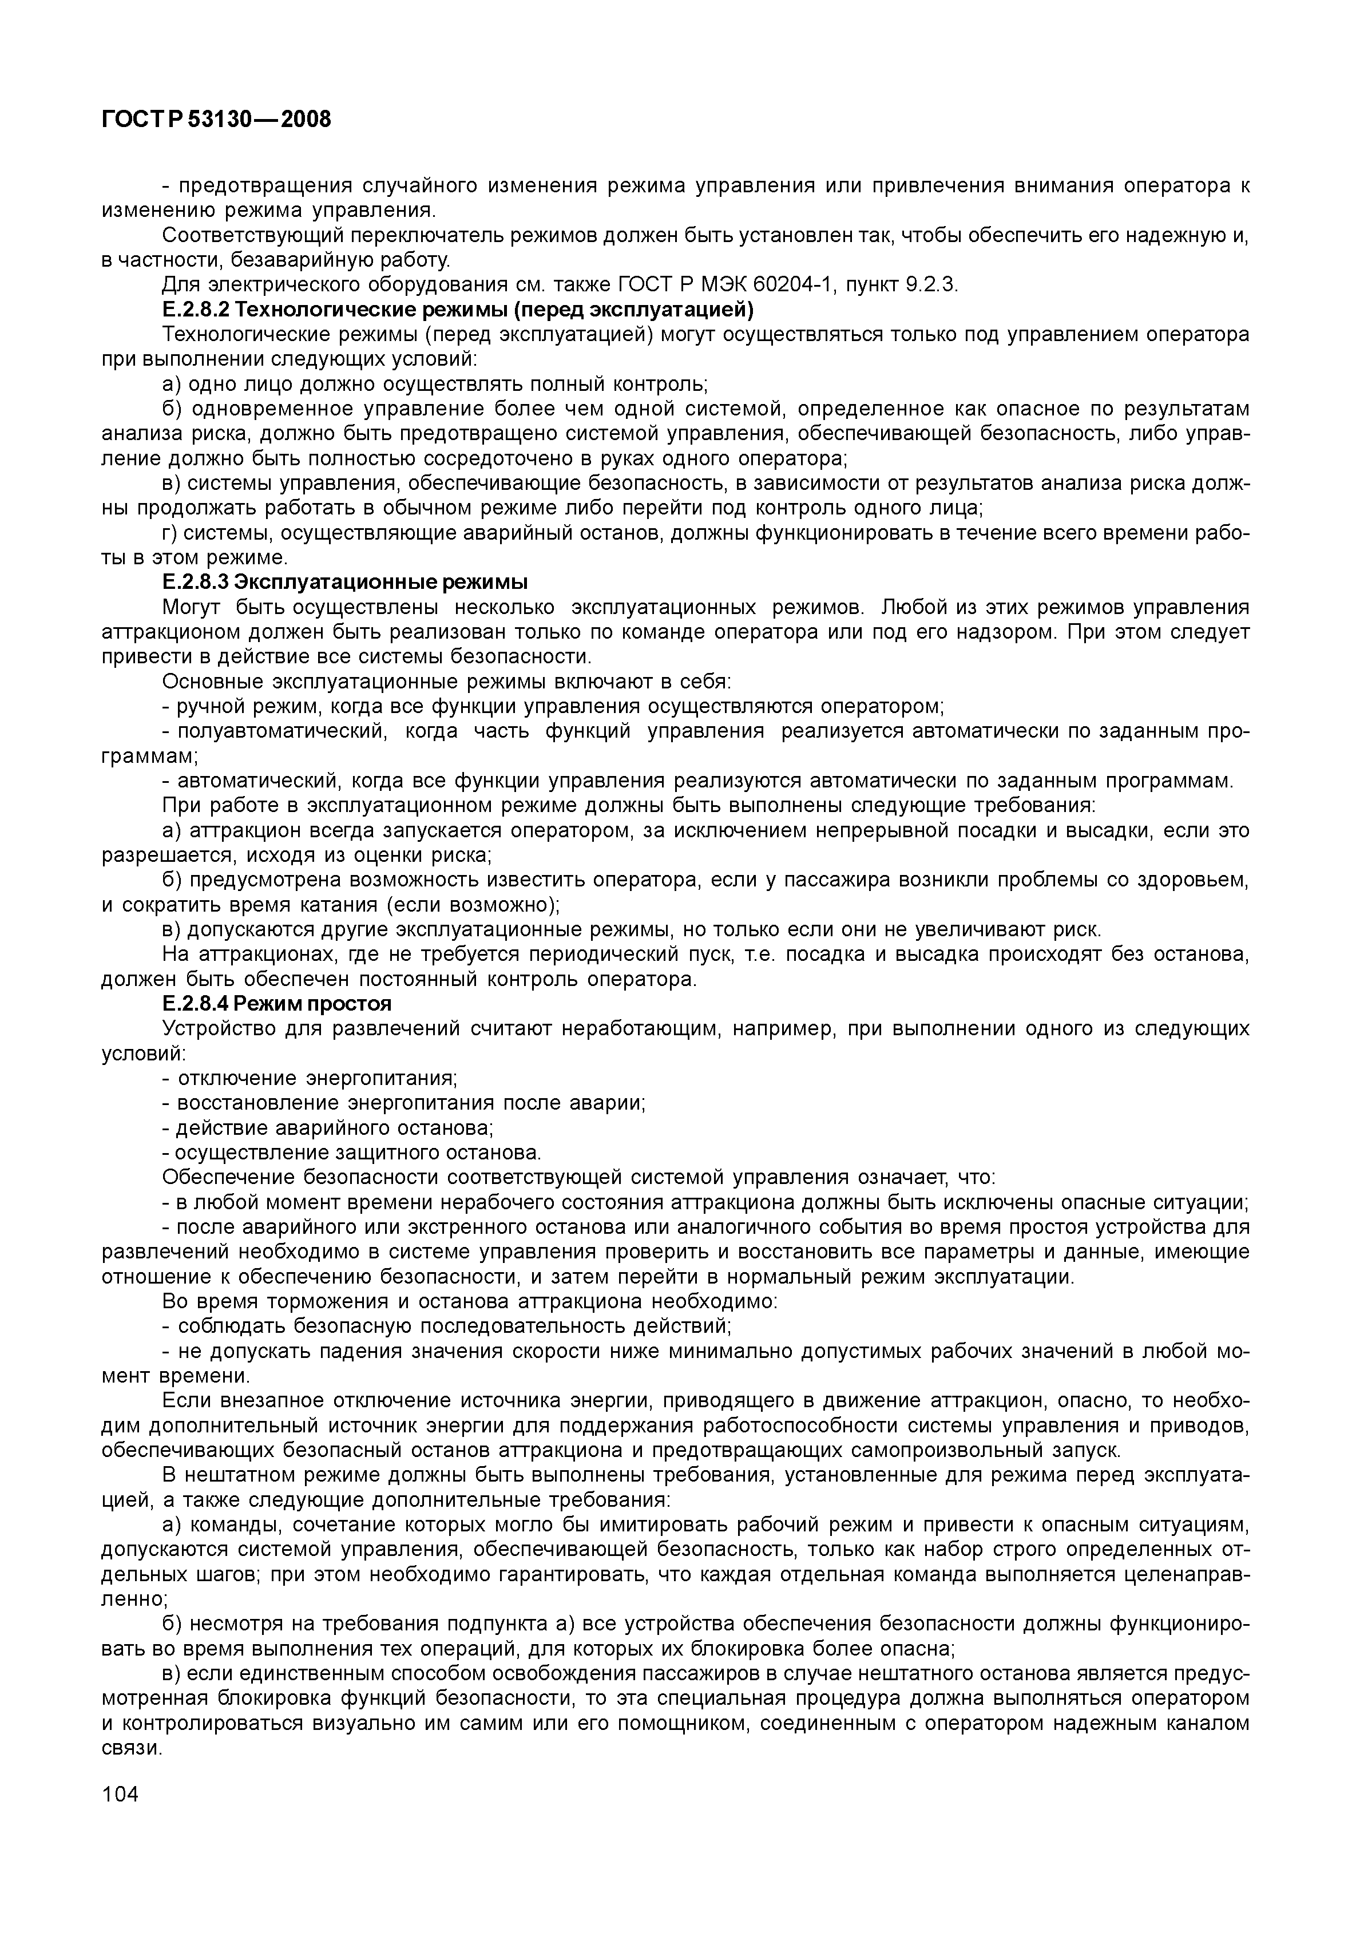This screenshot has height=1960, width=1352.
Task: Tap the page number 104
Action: click(120, 1795)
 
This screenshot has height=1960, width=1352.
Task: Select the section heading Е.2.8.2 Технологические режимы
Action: click(458, 309)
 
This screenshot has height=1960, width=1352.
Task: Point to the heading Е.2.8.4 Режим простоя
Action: click(276, 1004)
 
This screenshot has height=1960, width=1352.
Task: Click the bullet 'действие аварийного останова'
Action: click(328, 1129)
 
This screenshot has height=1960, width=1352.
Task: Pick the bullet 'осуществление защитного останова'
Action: click(351, 1153)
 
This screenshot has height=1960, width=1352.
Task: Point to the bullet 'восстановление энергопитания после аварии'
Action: click(404, 1104)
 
